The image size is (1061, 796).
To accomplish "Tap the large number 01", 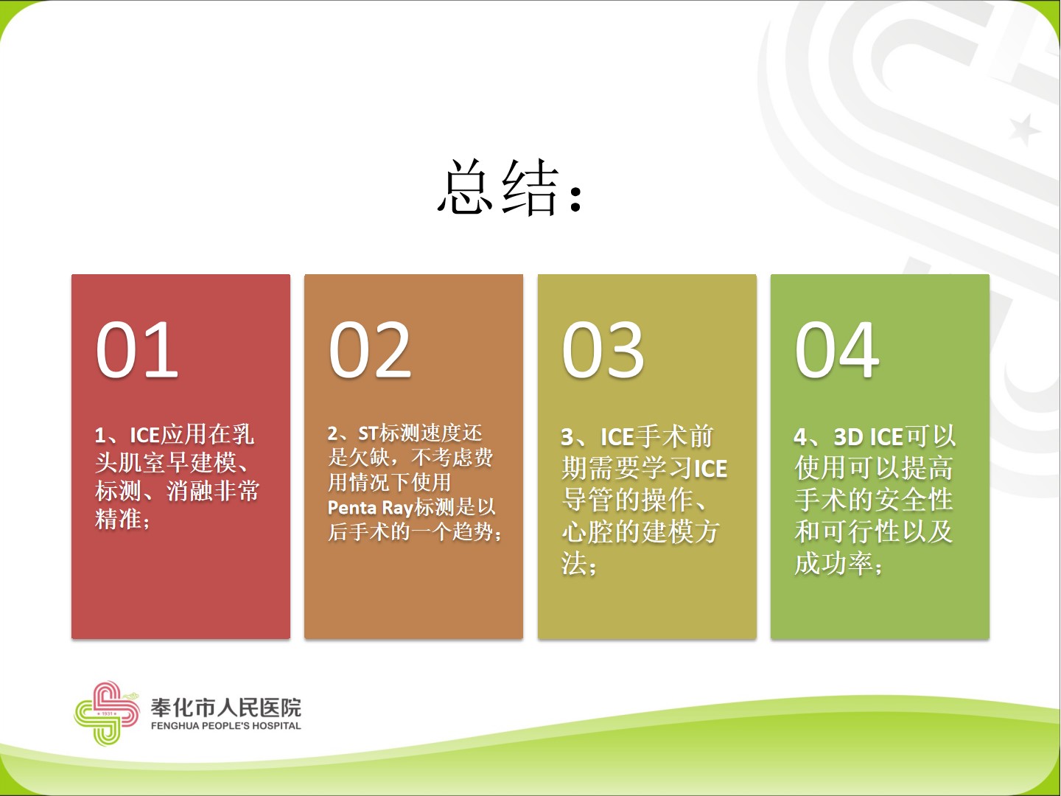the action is click(x=137, y=350).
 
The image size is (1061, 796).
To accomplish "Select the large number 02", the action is click(x=371, y=350).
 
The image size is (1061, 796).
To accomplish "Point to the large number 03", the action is click(x=603, y=350).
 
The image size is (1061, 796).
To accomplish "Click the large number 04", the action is click(x=837, y=350).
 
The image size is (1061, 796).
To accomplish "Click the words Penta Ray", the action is click(x=371, y=508).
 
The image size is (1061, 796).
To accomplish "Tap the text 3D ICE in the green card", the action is click(x=869, y=437).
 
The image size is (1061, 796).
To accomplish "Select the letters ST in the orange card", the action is click(x=368, y=433).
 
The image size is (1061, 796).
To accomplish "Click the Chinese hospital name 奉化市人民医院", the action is click(x=225, y=708).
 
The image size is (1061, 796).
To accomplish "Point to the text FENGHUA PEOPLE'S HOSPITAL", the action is click(x=225, y=725).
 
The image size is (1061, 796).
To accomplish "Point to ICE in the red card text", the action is click(x=144, y=435).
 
